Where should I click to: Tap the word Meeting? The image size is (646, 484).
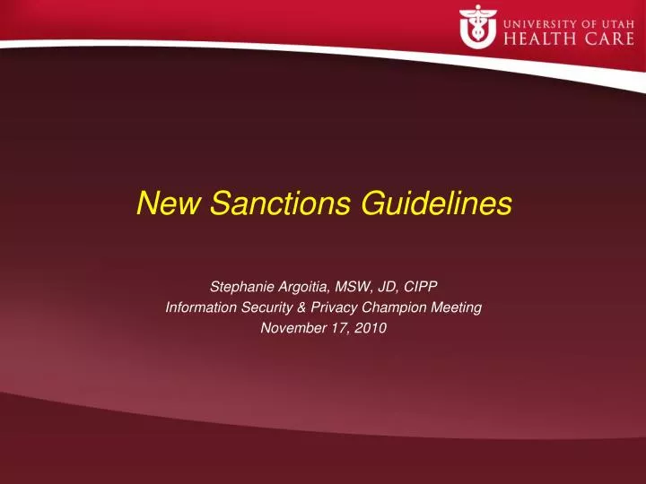(459, 307)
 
